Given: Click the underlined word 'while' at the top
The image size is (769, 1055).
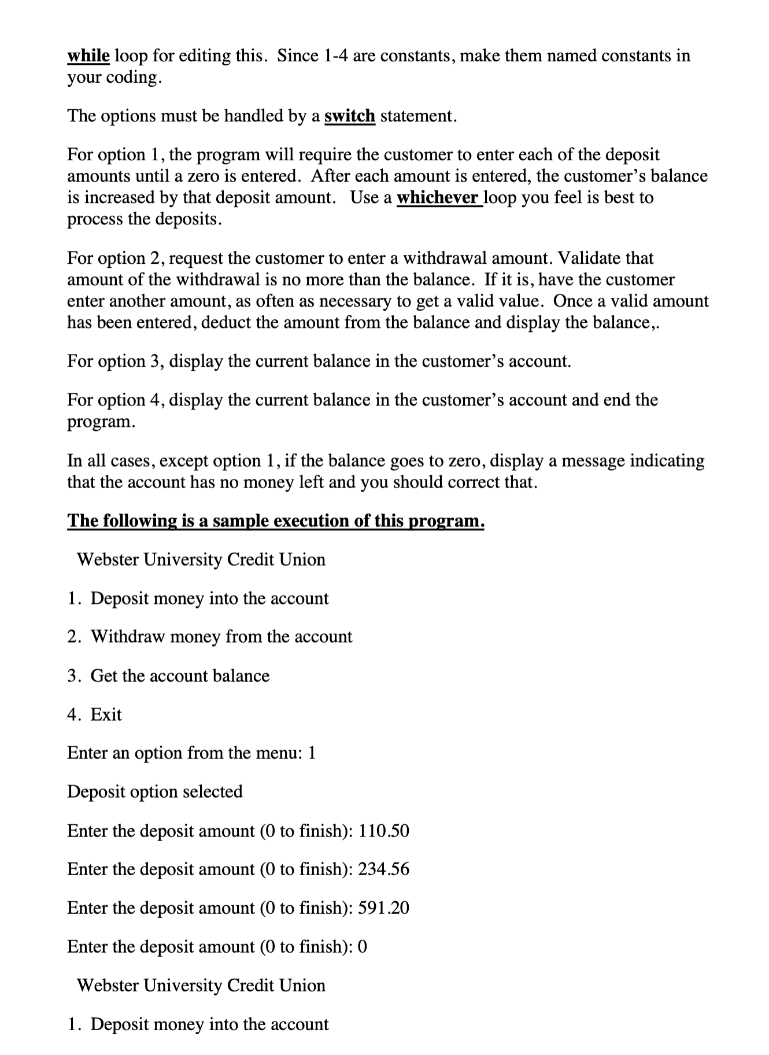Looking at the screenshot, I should (88, 56).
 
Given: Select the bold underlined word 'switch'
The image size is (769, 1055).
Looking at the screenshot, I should (350, 116).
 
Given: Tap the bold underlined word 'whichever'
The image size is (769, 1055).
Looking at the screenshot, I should (438, 197).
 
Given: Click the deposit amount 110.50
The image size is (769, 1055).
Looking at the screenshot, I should (384, 831).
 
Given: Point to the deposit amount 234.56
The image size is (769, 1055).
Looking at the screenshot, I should (384, 869).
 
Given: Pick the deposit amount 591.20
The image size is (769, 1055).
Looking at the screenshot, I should (384, 908).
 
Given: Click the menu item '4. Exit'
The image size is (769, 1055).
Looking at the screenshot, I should (95, 714).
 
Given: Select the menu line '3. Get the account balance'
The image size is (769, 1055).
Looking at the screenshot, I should (168, 676).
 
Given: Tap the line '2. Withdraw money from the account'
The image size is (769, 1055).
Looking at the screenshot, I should (209, 637).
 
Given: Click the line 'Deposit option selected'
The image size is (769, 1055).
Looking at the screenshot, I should (155, 791).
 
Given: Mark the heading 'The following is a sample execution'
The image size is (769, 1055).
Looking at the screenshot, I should (276, 521).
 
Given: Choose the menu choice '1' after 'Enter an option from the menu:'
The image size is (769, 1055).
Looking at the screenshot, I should (312, 753).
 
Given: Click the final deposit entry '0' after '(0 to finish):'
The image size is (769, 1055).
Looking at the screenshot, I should (363, 946).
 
